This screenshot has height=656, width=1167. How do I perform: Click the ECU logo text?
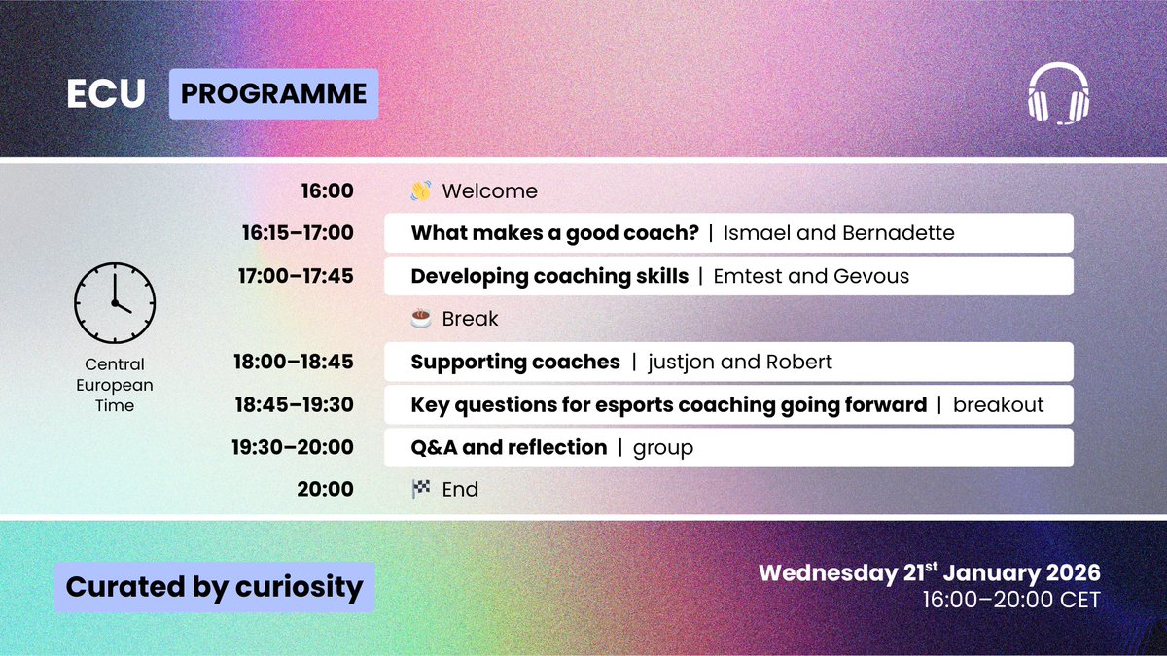[106, 93]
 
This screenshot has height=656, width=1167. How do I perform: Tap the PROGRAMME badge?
[274, 93]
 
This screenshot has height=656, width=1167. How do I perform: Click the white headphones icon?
[1059, 93]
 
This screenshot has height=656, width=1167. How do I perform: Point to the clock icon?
[115, 303]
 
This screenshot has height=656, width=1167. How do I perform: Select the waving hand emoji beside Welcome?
[421, 190]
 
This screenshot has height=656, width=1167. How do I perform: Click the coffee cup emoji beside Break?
[421, 318]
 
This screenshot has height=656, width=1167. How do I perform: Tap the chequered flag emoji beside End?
[421, 489]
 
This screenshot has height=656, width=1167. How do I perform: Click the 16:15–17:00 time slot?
[298, 232]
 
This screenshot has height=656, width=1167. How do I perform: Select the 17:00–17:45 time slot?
[296, 276]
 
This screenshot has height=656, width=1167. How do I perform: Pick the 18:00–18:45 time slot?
[294, 362]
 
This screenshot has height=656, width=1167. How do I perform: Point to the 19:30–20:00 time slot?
[293, 447]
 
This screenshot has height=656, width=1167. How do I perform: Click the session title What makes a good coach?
[555, 233]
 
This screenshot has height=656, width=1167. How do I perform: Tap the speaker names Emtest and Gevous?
[811, 276]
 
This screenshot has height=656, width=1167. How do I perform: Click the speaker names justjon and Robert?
[740, 362]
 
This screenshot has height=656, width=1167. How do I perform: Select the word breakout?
[998, 404]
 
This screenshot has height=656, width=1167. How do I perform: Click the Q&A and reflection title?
[509, 447]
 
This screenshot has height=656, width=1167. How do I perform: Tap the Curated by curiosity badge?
[215, 587]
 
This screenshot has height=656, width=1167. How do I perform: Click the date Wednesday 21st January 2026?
[930, 572]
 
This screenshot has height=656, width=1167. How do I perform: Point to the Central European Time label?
[115, 385]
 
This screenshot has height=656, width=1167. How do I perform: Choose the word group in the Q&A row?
[663, 448]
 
